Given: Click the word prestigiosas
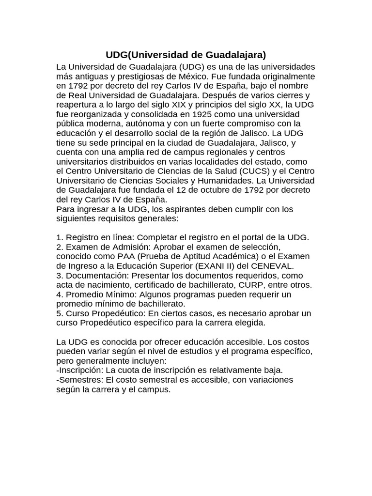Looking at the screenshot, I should tap(137, 76).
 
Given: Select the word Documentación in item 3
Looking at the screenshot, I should tap(94, 275).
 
